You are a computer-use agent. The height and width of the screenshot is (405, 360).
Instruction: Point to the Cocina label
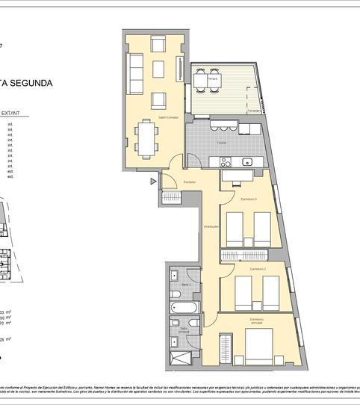tap(222, 142)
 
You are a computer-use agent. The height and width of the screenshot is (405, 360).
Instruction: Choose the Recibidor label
tap(190, 182)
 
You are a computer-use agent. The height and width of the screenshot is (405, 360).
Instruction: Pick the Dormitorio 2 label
tap(258, 268)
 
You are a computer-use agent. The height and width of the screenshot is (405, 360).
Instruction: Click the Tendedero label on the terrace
tap(255, 111)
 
